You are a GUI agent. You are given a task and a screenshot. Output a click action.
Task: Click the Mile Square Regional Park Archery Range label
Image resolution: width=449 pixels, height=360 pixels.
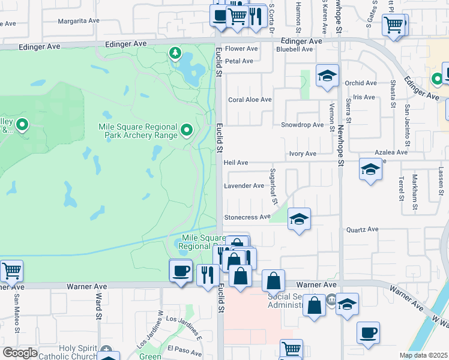(138, 131)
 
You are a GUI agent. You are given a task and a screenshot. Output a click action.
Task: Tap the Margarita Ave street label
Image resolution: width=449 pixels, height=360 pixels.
(79, 20)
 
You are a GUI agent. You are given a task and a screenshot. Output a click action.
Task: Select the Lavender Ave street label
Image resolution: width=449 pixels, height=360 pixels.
(244, 186)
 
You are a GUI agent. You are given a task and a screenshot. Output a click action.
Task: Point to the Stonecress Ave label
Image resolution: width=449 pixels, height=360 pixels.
(247, 217)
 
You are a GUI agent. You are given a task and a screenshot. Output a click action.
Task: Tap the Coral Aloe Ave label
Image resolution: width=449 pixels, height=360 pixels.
(250, 100)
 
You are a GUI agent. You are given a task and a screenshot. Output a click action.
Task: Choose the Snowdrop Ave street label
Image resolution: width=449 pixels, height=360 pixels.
(303, 125)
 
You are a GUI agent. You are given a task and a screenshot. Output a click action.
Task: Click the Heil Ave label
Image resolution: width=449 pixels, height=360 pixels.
(236, 163)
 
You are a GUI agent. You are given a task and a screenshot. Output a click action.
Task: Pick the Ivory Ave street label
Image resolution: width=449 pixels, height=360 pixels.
(303, 154)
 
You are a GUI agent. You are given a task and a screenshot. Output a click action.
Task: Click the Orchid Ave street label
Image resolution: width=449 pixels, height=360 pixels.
(361, 83)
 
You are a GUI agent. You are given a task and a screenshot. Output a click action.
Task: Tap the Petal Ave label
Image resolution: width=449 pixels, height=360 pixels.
(240, 61)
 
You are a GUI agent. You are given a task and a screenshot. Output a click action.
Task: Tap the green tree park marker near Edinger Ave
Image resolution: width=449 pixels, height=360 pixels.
(175, 54)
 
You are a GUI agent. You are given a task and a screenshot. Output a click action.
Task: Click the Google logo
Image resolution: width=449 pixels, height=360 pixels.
(20, 353)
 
